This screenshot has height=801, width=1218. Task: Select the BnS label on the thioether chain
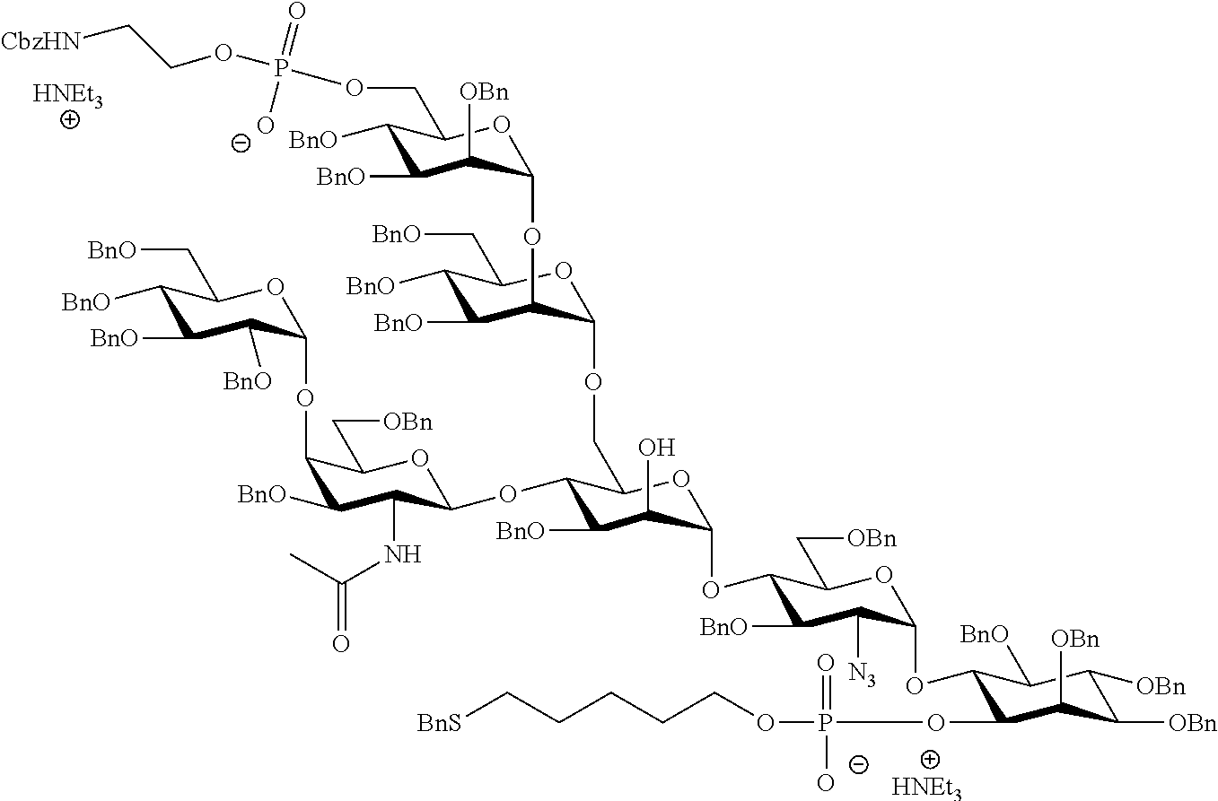click(440, 722)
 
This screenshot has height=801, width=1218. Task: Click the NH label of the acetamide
click(401, 554)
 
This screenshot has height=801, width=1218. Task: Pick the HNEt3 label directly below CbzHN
click(68, 95)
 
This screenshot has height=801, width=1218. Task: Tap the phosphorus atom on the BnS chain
click(826, 722)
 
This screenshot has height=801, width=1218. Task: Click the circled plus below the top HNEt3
click(68, 119)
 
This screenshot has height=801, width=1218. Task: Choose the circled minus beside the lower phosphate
click(859, 764)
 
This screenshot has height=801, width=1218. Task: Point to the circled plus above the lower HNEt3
click(931, 762)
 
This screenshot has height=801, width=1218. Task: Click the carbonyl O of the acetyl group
click(340, 643)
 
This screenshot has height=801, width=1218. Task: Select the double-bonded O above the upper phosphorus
click(296, 13)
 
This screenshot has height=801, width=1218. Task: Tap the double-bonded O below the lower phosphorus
click(826, 782)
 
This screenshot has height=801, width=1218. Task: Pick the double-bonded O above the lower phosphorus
click(826, 664)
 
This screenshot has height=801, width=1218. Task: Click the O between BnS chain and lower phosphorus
click(764, 722)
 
